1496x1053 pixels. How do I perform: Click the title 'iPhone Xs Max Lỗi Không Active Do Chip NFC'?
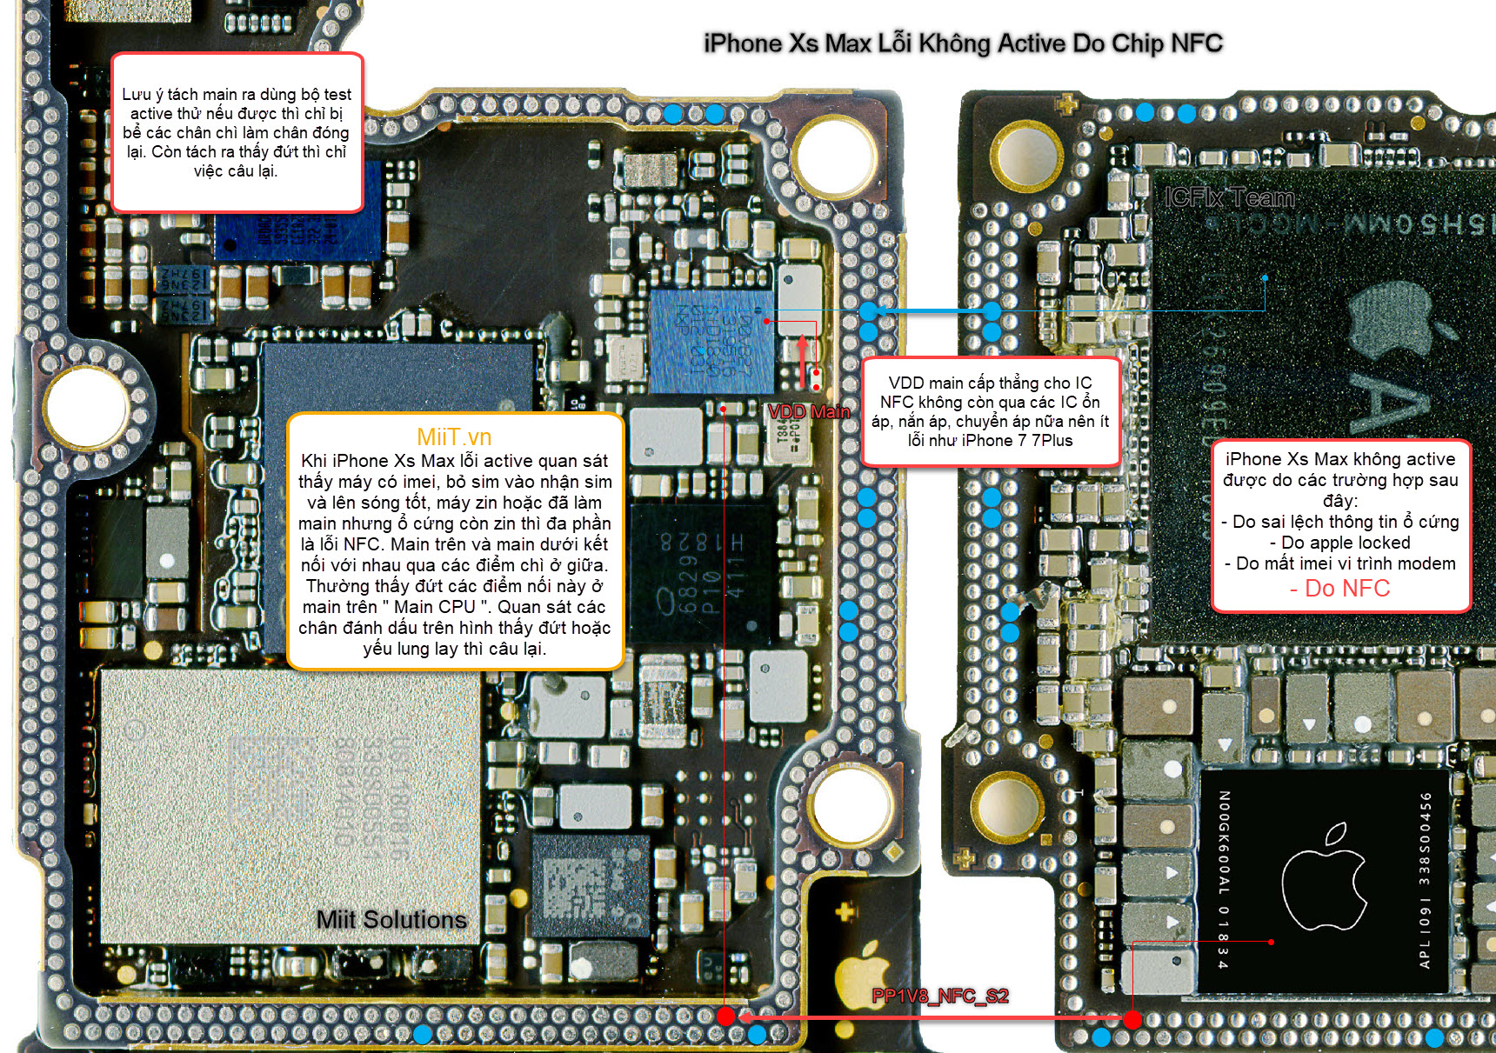963,43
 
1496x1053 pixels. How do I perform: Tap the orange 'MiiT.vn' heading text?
454,437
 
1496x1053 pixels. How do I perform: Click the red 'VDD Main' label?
808,412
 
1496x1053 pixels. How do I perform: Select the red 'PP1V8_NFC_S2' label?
939,996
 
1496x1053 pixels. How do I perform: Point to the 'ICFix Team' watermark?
1229,198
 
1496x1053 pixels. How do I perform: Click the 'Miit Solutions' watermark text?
391,919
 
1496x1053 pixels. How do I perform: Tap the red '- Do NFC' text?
1339,589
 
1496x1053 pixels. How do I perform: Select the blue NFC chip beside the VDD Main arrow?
711,341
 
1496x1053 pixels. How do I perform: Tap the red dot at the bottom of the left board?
725,1016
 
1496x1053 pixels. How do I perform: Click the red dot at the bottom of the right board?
1132,1019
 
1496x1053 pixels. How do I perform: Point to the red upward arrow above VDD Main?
802,359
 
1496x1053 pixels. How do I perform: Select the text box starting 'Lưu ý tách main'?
237,132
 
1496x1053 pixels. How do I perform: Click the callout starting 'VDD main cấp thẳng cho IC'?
990,411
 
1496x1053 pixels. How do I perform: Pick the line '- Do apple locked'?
1339,543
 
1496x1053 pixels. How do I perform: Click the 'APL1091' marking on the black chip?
1425,939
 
